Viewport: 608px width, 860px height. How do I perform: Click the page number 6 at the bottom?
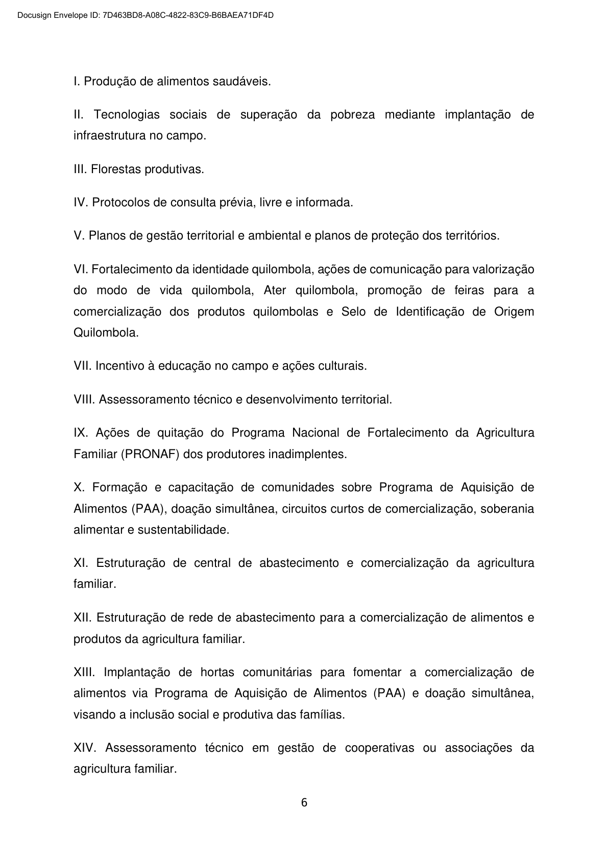pos(304,802)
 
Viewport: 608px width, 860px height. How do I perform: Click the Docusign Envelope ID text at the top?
pos(145,15)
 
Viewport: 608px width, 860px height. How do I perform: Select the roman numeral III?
pos(80,170)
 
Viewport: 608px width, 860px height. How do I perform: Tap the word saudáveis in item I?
pos(246,82)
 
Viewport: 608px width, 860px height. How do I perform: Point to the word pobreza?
pos(352,115)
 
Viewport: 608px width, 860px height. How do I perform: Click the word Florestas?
pos(116,170)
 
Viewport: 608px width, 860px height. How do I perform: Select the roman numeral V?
pos(79,236)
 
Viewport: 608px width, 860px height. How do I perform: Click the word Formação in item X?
pos(119,487)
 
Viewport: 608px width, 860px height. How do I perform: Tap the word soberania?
pos(507,509)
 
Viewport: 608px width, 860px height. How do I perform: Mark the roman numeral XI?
pos(81,563)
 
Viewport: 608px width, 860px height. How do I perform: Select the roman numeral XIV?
pos(84,748)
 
